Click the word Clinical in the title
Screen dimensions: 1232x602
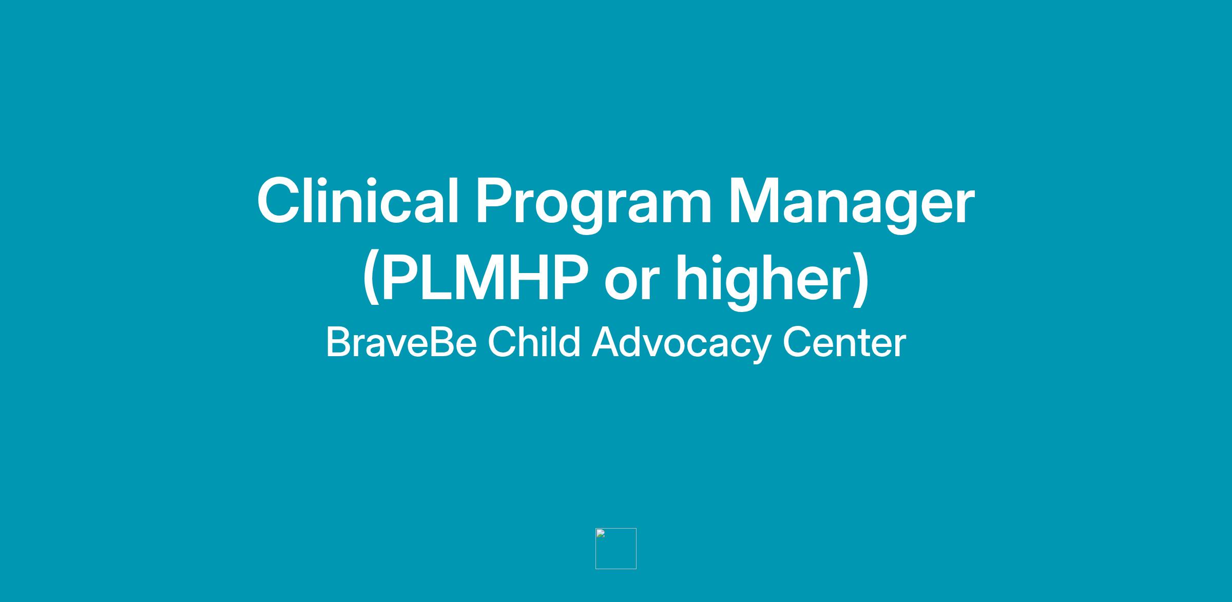(358, 201)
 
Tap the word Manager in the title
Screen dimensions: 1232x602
(852, 205)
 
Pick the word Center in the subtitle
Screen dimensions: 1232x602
(844, 342)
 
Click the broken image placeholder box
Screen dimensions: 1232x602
(616, 549)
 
